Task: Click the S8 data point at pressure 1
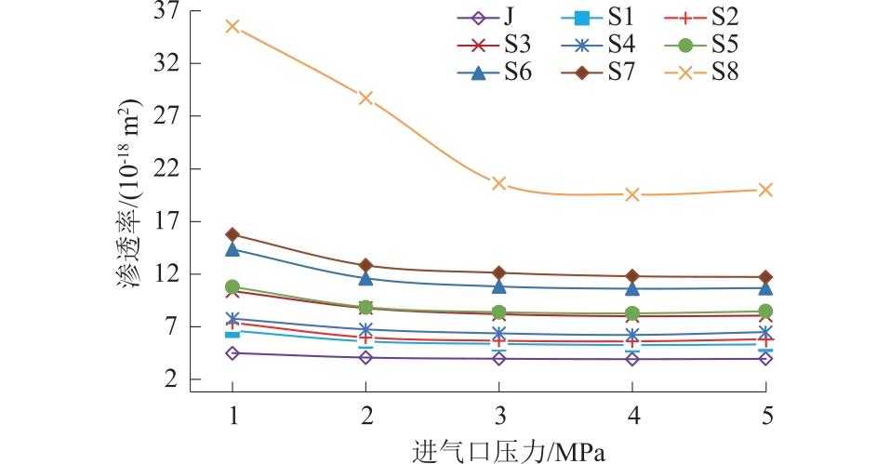tap(232, 26)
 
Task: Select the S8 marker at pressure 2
tap(366, 98)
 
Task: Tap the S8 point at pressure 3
tap(499, 183)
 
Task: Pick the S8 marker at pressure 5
tap(766, 190)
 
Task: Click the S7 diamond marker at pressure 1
tap(232, 234)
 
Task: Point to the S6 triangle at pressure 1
tap(232, 249)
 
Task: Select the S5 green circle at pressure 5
tap(766, 312)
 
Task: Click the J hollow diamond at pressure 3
tap(499, 358)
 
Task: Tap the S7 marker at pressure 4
tap(632, 276)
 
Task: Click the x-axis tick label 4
tap(632, 415)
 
